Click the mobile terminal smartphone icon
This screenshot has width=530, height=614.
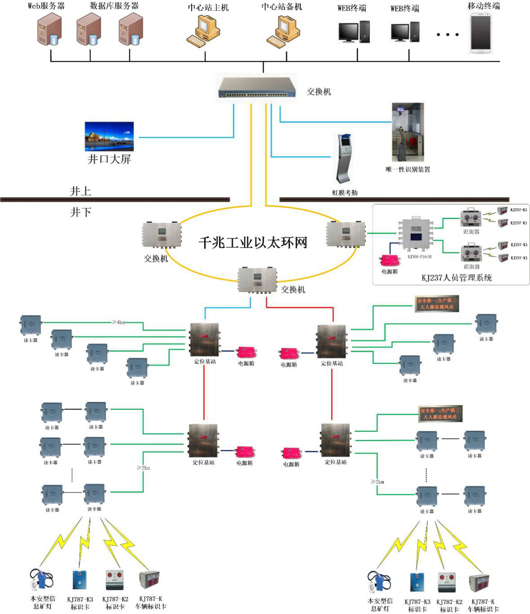click(481, 33)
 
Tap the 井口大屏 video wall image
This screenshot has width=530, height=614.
click(109, 136)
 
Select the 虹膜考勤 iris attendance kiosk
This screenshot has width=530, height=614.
click(344, 158)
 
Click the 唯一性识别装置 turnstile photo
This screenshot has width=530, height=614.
click(408, 132)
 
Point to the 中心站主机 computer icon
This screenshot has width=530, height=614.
click(203, 31)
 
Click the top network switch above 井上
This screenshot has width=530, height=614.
click(257, 87)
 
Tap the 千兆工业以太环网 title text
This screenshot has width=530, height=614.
click(253, 243)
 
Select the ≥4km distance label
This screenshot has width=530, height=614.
click(118, 322)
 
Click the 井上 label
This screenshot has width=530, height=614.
click(81, 191)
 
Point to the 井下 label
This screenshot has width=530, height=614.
click(81, 212)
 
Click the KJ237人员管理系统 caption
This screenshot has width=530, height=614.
click(456, 278)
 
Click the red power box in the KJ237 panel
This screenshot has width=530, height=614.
click(390, 261)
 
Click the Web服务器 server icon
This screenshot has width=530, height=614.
click(49, 30)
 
